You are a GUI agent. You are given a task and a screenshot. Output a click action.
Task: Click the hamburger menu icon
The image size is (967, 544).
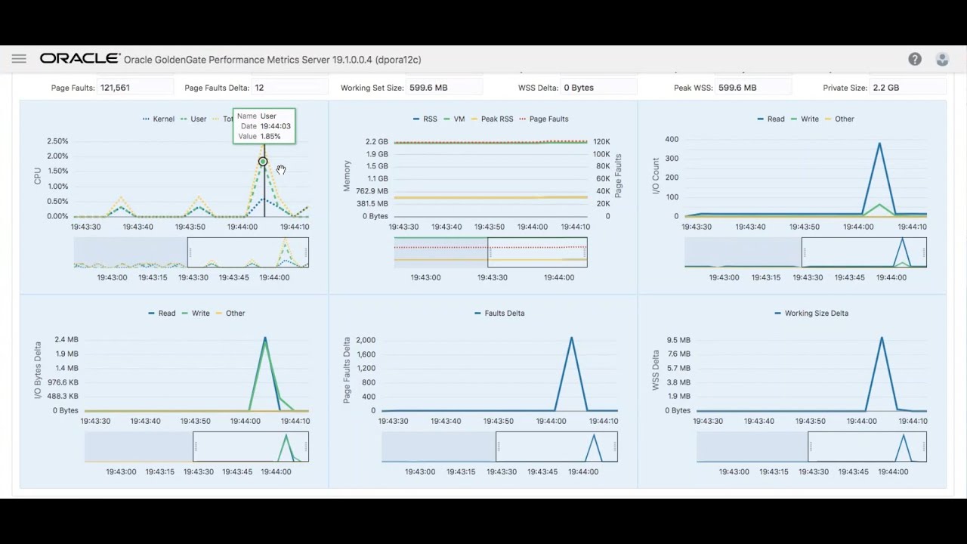click(19, 59)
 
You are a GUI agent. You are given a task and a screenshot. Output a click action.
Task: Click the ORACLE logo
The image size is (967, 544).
click(80, 59)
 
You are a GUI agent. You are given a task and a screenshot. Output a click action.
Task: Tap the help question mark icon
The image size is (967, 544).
click(915, 59)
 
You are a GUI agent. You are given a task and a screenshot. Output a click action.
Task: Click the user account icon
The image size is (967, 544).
click(942, 59)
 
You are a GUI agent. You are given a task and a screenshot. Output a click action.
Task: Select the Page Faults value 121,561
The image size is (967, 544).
click(115, 88)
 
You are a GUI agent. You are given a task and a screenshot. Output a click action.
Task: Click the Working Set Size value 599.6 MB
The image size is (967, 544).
click(428, 88)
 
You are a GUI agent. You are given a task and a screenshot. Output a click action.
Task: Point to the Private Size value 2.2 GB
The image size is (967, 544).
click(886, 88)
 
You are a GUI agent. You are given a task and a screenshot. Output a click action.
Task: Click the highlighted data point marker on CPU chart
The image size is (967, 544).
click(263, 162)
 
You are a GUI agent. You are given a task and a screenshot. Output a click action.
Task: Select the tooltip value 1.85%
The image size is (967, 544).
click(270, 137)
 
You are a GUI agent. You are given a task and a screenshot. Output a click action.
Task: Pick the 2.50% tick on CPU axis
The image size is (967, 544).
click(57, 141)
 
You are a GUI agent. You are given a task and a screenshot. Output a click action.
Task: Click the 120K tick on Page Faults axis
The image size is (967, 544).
click(601, 142)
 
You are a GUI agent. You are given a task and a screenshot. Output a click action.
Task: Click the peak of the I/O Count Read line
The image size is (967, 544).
click(879, 143)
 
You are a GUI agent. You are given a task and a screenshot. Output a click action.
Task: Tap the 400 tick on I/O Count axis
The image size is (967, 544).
click(672, 140)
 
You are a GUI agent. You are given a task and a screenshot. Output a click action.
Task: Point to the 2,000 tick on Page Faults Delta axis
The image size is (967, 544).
click(366, 340)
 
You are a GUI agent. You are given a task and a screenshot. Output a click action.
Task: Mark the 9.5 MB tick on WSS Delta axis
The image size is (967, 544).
click(678, 340)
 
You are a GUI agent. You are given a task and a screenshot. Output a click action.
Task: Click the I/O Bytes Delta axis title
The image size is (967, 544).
click(38, 369)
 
